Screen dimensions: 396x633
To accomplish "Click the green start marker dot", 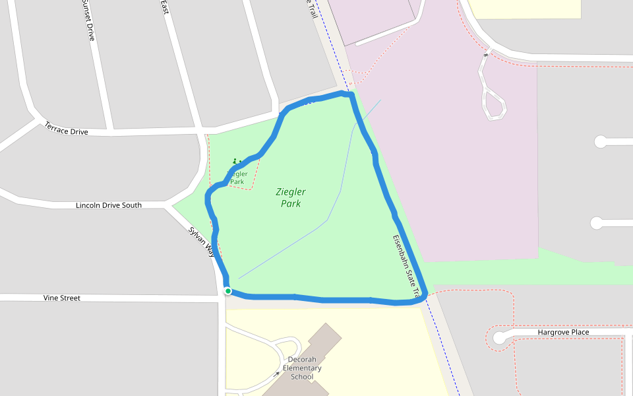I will pos(227,291).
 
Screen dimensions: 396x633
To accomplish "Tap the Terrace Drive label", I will pos(66,128).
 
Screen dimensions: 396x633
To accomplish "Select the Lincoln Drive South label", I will pos(109,205).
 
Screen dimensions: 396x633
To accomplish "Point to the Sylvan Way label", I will pos(202,242).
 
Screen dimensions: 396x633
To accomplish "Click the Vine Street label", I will pos(62,298).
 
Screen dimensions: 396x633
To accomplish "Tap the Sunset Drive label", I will pos(88,20).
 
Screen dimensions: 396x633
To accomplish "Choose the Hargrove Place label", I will pos(563,332).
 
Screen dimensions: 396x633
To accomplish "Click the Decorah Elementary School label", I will pos(302,368).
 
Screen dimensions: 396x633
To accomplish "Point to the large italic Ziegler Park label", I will pos(291,197).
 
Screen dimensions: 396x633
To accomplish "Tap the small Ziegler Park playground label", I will pos(237,178).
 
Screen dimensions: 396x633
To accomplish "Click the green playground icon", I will pos(235,161).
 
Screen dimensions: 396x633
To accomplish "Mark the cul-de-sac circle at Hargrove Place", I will pos(499,338).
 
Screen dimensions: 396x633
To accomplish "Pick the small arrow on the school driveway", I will pos(278,374).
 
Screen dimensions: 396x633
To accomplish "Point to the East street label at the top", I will pos(165,7).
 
